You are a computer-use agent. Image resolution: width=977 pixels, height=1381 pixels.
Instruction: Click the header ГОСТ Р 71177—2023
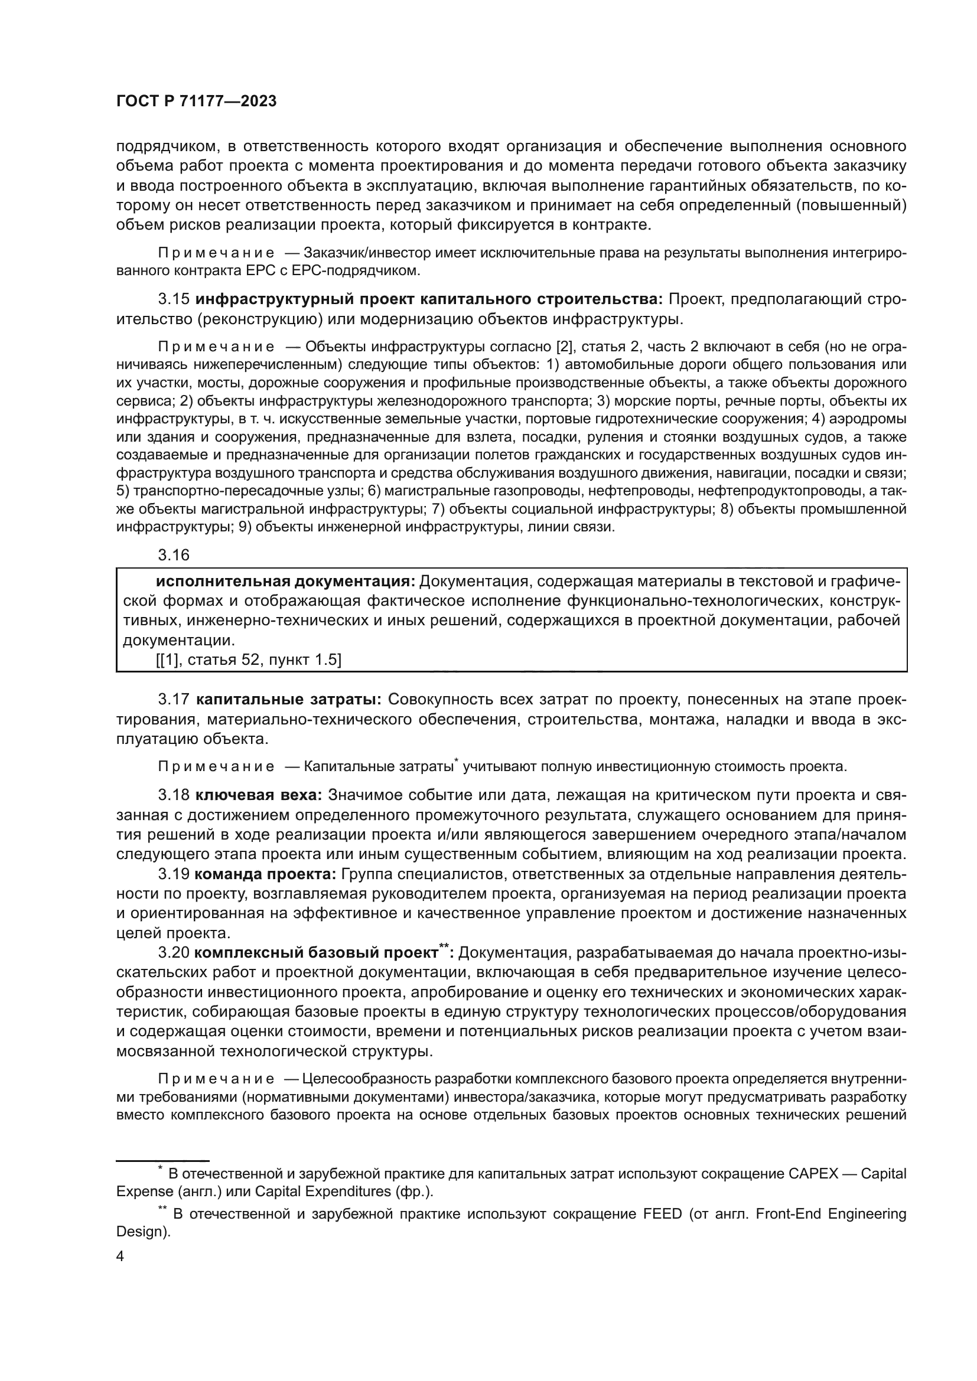(x=196, y=102)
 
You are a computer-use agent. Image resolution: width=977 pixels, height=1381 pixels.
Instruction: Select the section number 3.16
(x=173, y=555)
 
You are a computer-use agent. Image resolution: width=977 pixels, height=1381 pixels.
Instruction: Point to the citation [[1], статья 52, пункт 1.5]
(x=249, y=661)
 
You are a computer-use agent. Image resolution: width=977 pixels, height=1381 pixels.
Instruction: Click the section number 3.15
(x=173, y=299)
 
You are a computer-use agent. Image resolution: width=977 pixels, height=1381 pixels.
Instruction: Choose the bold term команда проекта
(x=266, y=874)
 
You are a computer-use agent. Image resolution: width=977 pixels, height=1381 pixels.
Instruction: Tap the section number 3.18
(x=173, y=795)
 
